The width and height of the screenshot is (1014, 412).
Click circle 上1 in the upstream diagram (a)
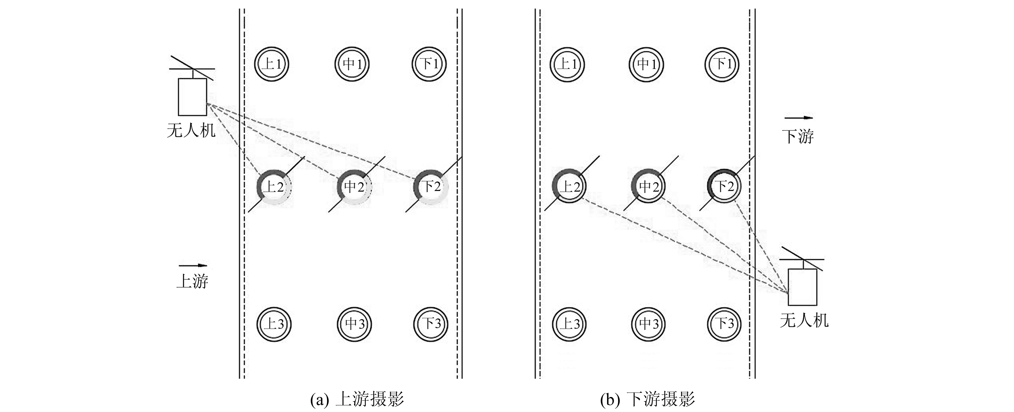[271, 64]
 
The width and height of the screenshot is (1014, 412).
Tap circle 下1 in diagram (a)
[430, 64]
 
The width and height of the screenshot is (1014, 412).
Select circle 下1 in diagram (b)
[723, 64]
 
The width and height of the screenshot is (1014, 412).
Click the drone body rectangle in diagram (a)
[193, 97]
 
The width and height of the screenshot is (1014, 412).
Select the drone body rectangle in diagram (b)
[802, 287]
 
